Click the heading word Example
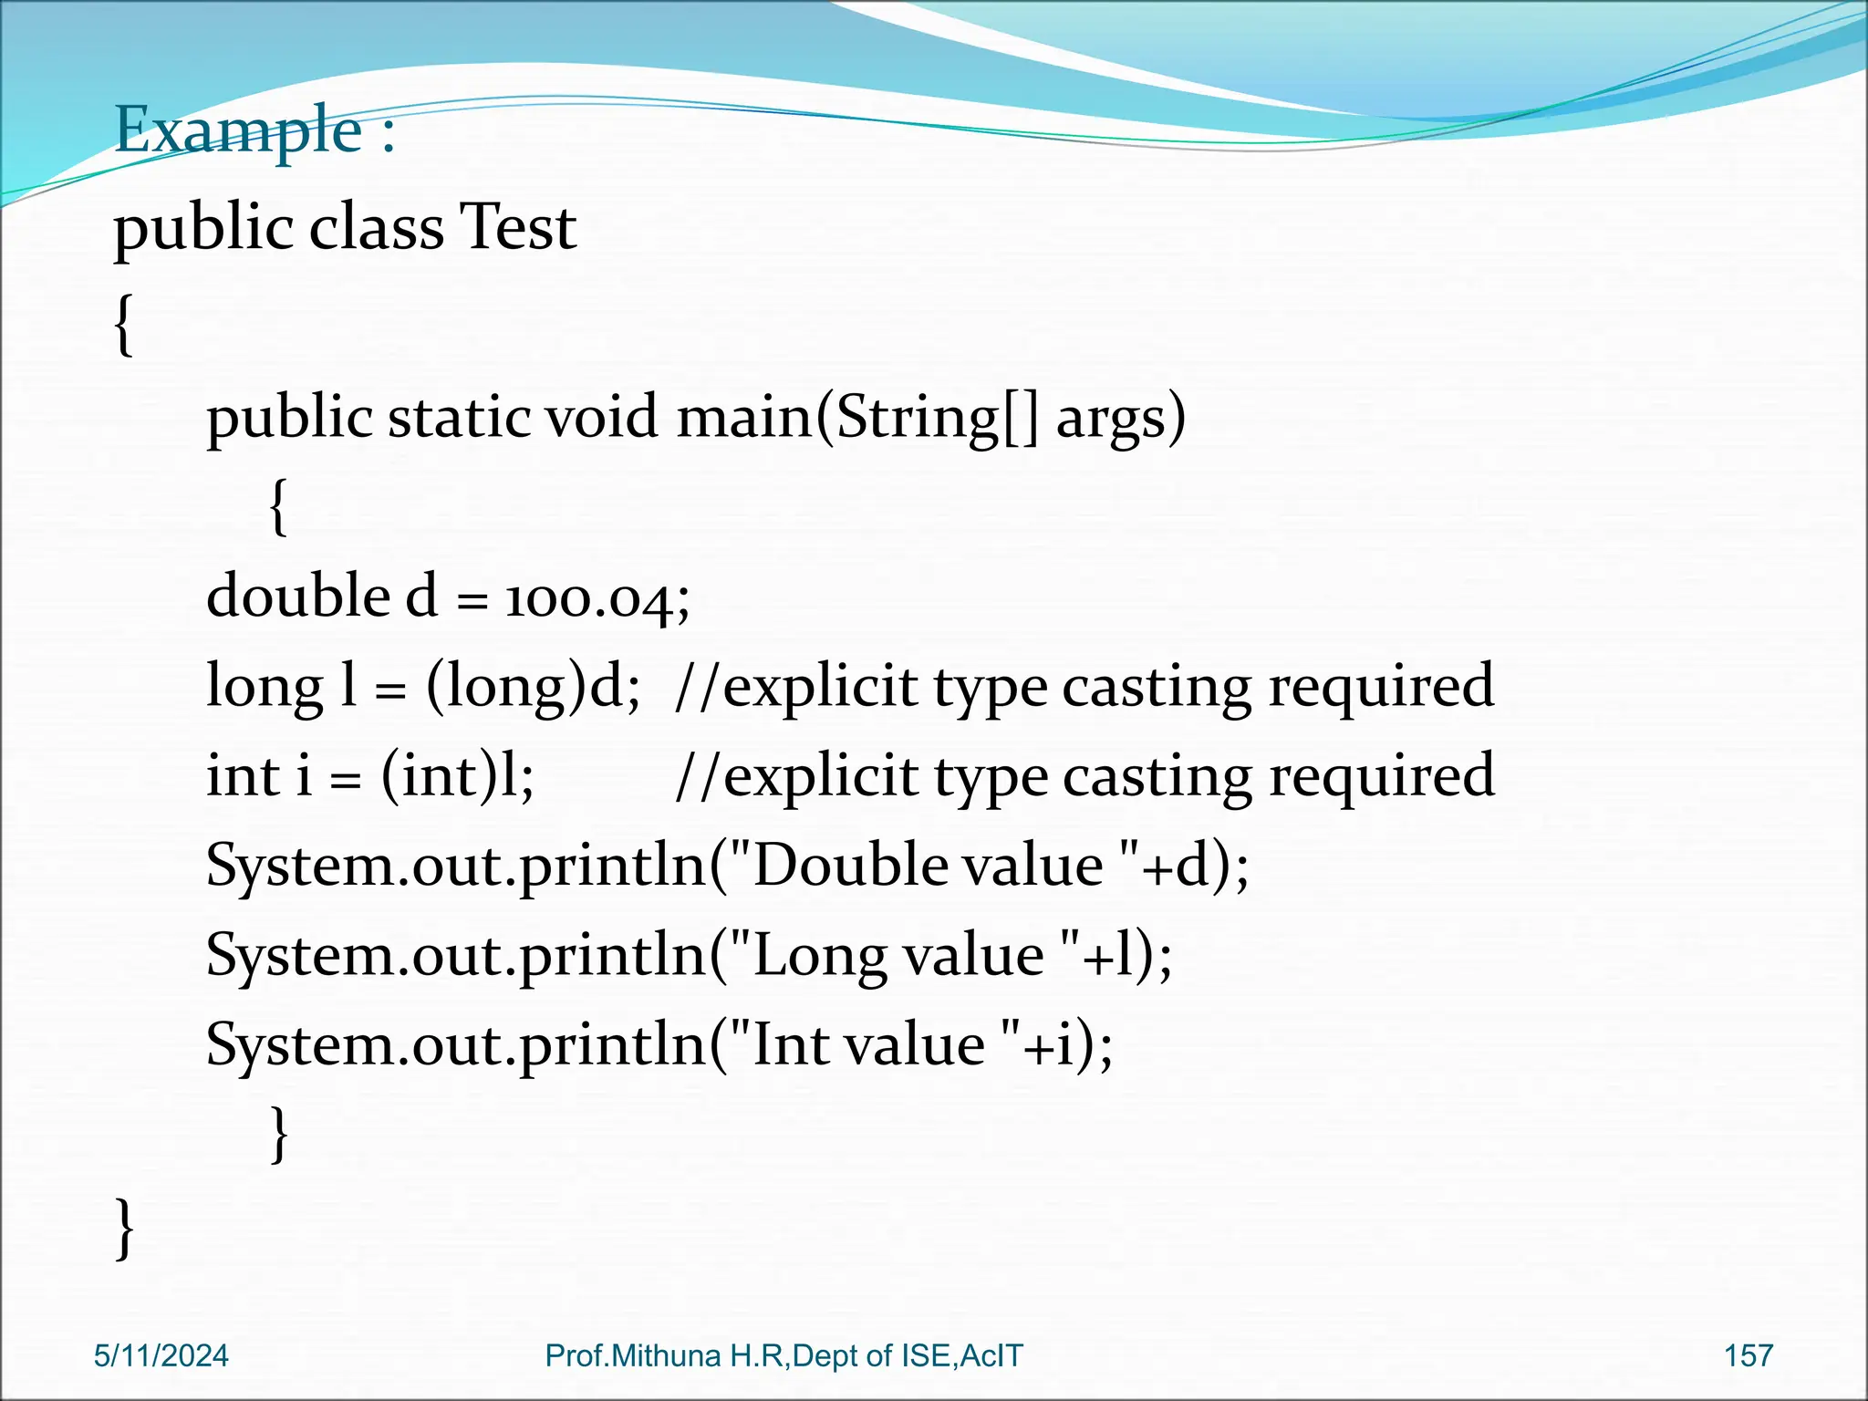coord(239,130)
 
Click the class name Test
coord(517,227)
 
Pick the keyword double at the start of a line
coord(298,597)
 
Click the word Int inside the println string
coord(791,1044)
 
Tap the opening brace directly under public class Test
coord(124,325)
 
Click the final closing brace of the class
coord(125,1228)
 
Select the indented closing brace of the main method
coord(280,1134)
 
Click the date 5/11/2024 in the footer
coord(161,1355)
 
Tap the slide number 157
coord(1748,1355)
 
